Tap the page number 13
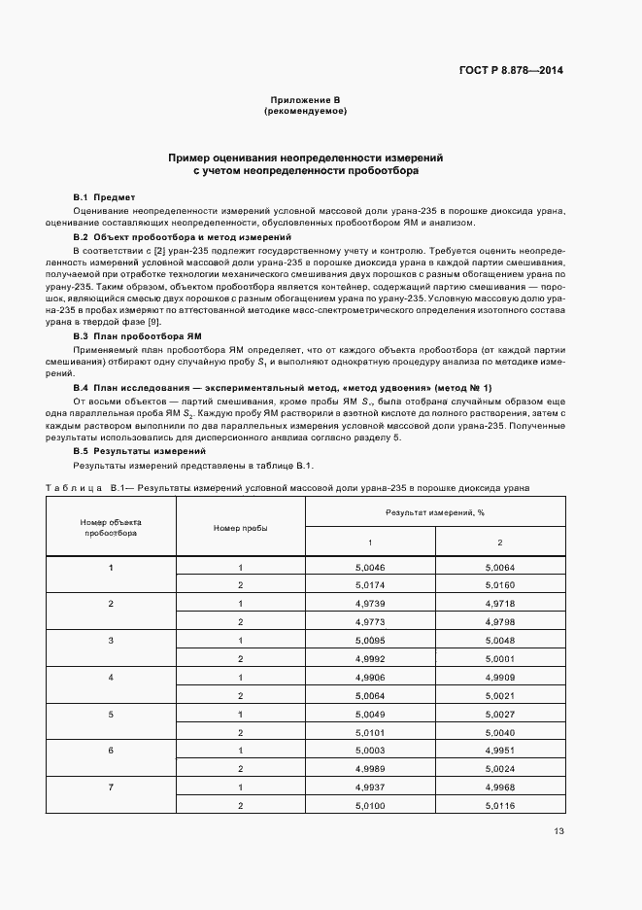558,830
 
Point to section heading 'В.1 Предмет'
105,196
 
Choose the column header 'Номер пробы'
240,527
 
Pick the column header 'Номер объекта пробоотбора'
111,527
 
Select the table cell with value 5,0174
370,585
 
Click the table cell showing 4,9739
370,604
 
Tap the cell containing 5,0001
500,658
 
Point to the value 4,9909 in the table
500,677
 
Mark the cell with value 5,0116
500,805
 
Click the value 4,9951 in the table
500,751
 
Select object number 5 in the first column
111,714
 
